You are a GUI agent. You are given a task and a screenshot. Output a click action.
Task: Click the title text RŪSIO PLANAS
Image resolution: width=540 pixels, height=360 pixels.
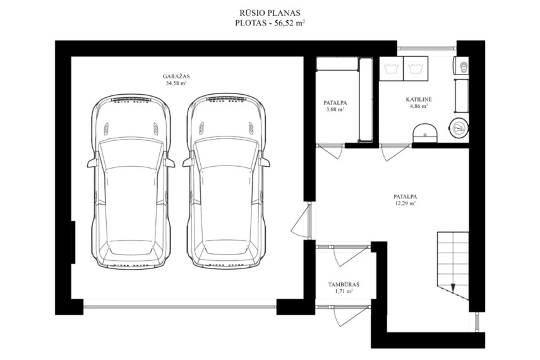(270, 13)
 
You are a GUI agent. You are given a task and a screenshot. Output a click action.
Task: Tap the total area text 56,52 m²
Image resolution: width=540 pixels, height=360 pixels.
(289, 23)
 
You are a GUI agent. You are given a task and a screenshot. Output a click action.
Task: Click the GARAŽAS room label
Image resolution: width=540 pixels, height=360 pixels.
(176, 76)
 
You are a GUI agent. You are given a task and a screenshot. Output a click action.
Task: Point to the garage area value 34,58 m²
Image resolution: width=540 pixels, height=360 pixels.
(176, 83)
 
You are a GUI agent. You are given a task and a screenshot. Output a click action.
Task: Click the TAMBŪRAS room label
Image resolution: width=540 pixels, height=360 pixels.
(344, 285)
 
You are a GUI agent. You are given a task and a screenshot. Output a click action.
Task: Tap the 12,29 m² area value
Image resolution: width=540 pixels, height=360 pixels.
(405, 203)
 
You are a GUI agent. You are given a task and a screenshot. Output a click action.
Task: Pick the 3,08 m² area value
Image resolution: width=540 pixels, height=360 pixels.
(335, 109)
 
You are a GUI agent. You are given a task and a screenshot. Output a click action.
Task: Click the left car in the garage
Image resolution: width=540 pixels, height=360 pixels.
(131, 181)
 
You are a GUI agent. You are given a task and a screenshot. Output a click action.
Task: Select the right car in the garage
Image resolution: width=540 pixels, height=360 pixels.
(226, 181)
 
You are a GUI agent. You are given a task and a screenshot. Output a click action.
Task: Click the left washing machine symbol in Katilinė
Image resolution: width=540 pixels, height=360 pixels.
(391, 69)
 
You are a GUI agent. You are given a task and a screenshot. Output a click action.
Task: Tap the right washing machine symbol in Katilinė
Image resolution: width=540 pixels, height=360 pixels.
(416, 69)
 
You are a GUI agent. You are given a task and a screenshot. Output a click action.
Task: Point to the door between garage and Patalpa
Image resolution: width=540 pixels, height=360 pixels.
(301, 220)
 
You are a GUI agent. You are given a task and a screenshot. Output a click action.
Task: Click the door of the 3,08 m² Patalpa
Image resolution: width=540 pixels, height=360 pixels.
(330, 151)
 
